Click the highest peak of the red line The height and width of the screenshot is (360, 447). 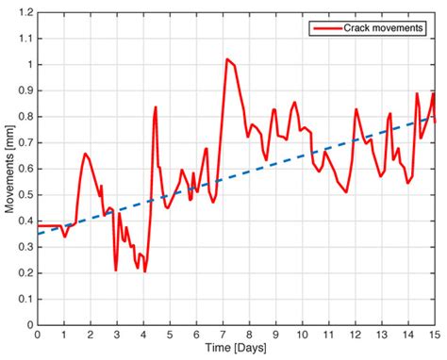pyautogui.click(x=227, y=58)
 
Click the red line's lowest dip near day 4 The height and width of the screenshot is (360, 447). pyautogui.click(x=145, y=271)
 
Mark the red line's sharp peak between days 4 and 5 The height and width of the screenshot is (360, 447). pyautogui.click(x=156, y=106)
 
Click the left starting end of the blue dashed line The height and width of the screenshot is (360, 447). pyautogui.click(x=38, y=234)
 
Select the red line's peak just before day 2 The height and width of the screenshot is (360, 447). pyautogui.click(x=85, y=153)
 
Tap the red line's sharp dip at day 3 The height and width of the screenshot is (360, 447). pyautogui.click(x=116, y=270)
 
